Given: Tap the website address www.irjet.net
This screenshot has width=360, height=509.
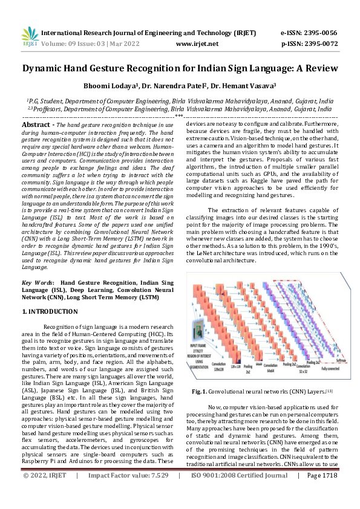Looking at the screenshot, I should coord(197,44).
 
